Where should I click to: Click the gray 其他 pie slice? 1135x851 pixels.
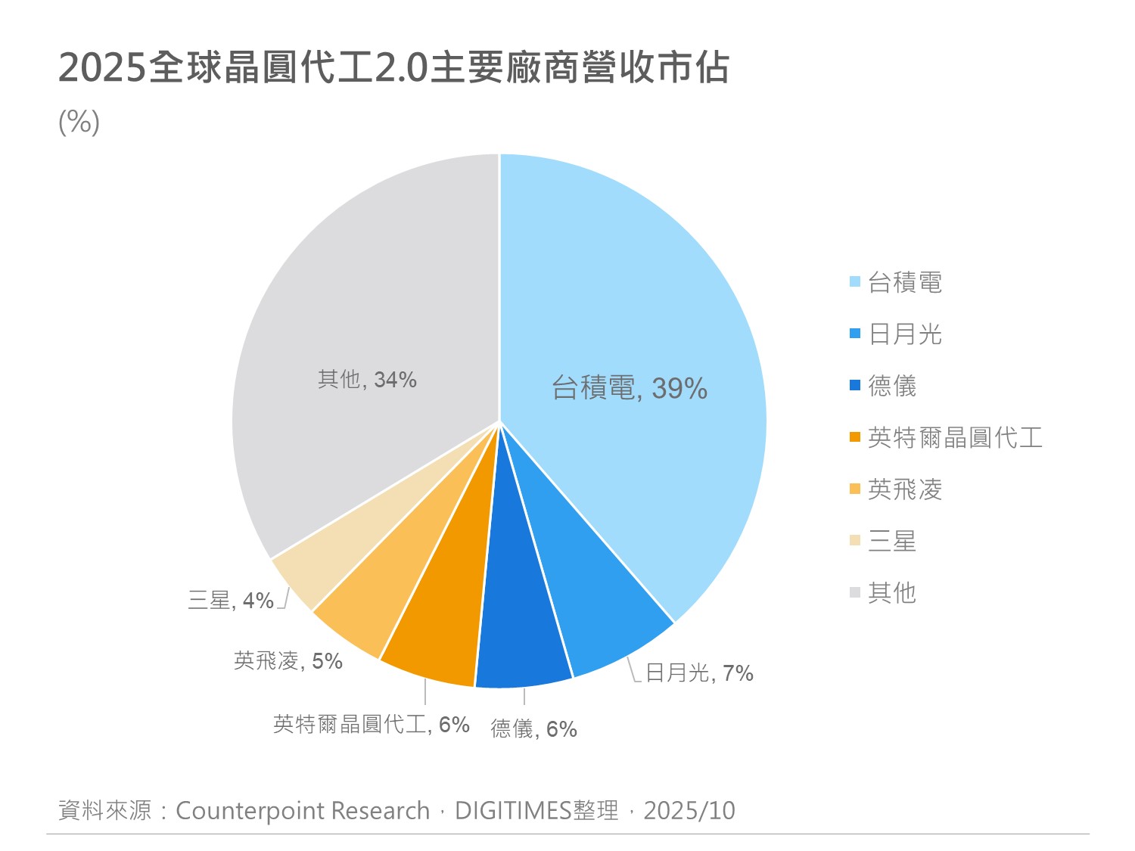(363, 318)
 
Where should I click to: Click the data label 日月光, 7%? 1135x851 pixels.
(699, 672)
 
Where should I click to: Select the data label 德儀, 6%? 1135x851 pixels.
(533, 728)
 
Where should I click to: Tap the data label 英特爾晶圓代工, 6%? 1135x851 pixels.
(371, 725)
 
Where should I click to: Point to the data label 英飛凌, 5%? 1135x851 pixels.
(288, 661)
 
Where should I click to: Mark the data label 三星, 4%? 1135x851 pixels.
(231, 601)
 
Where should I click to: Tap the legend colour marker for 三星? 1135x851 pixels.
(855, 540)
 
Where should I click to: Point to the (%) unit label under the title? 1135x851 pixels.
(79, 122)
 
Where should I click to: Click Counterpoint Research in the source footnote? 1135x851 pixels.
(303, 811)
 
